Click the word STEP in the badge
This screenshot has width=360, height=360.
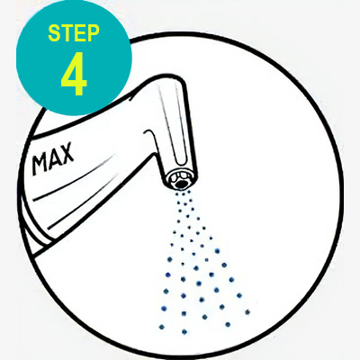click(x=74, y=33)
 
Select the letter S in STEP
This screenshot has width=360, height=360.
click(x=54, y=33)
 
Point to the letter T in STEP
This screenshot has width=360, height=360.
click(x=67, y=33)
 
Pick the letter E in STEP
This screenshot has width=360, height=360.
click(x=79, y=33)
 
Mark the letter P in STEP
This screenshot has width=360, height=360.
click(x=93, y=33)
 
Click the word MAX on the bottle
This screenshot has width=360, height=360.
click(x=53, y=159)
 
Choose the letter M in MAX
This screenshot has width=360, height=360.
click(x=40, y=164)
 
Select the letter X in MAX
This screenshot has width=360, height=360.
click(x=67, y=154)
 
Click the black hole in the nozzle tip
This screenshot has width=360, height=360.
click(x=180, y=184)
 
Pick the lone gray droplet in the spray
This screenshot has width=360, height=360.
click(x=247, y=312)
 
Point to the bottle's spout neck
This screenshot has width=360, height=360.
click(x=171, y=126)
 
